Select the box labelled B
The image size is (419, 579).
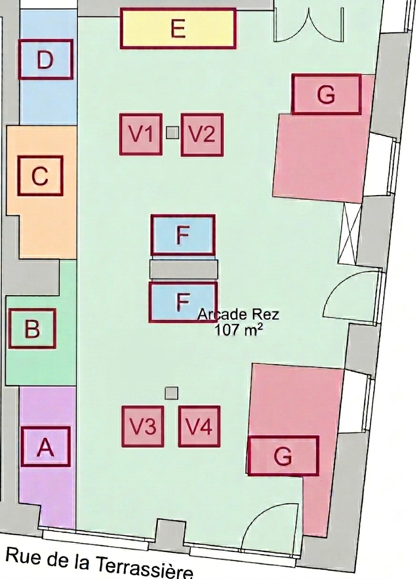(32, 329)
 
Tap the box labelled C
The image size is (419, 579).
(40, 176)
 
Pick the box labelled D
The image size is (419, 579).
(46, 59)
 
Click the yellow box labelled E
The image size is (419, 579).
(178, 29)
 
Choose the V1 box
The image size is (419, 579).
(141, 134)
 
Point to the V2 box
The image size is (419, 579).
(202, 135)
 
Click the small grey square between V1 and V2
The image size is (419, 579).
(172, 132)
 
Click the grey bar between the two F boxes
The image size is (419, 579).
(184, 270)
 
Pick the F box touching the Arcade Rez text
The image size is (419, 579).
(183, 302)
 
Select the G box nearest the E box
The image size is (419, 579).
(326, 94)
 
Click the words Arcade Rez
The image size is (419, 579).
(238, 315)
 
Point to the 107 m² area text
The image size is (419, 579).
(237, 331)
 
